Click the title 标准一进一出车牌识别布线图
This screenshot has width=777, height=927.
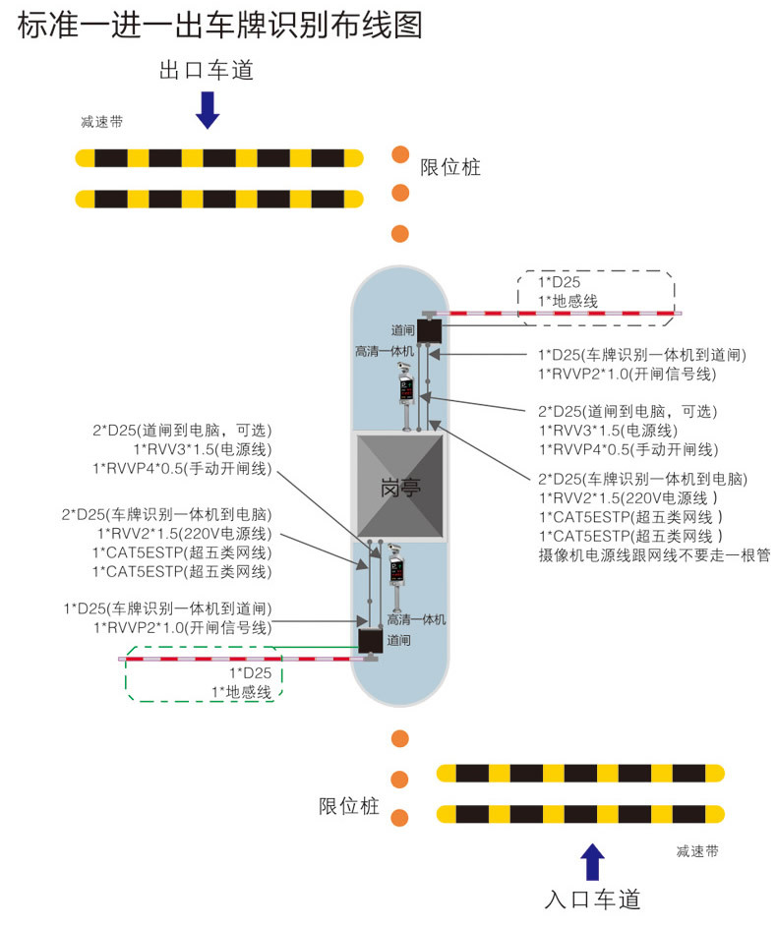point(219,26)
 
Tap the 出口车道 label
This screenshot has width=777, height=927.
point(207,71)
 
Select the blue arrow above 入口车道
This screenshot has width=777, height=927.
point(592,862)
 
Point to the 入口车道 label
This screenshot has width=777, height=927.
point(592,898)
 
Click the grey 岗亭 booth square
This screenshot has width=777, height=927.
point(399,487)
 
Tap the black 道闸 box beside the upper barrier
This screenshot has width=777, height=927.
point(429,329)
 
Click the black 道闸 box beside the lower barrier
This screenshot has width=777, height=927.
point(371,641)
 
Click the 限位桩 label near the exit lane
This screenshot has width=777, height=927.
point(449,167)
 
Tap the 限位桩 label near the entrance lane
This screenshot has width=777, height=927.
point(348,807)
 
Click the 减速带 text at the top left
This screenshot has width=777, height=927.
point(102,123)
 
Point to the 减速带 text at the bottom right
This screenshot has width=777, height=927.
point(697,851)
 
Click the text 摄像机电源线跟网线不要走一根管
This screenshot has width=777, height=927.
point(654,555)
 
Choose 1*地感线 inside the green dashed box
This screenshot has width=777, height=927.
point(242,692)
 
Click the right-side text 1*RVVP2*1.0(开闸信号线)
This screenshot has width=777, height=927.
point(627,374)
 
